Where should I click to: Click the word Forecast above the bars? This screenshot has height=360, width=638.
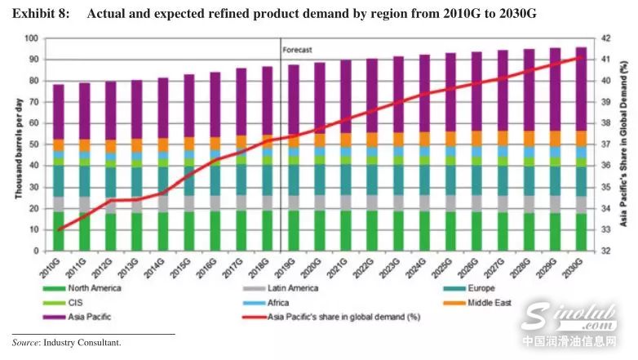(297, 50)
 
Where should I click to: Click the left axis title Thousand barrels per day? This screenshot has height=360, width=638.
(16, 144)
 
